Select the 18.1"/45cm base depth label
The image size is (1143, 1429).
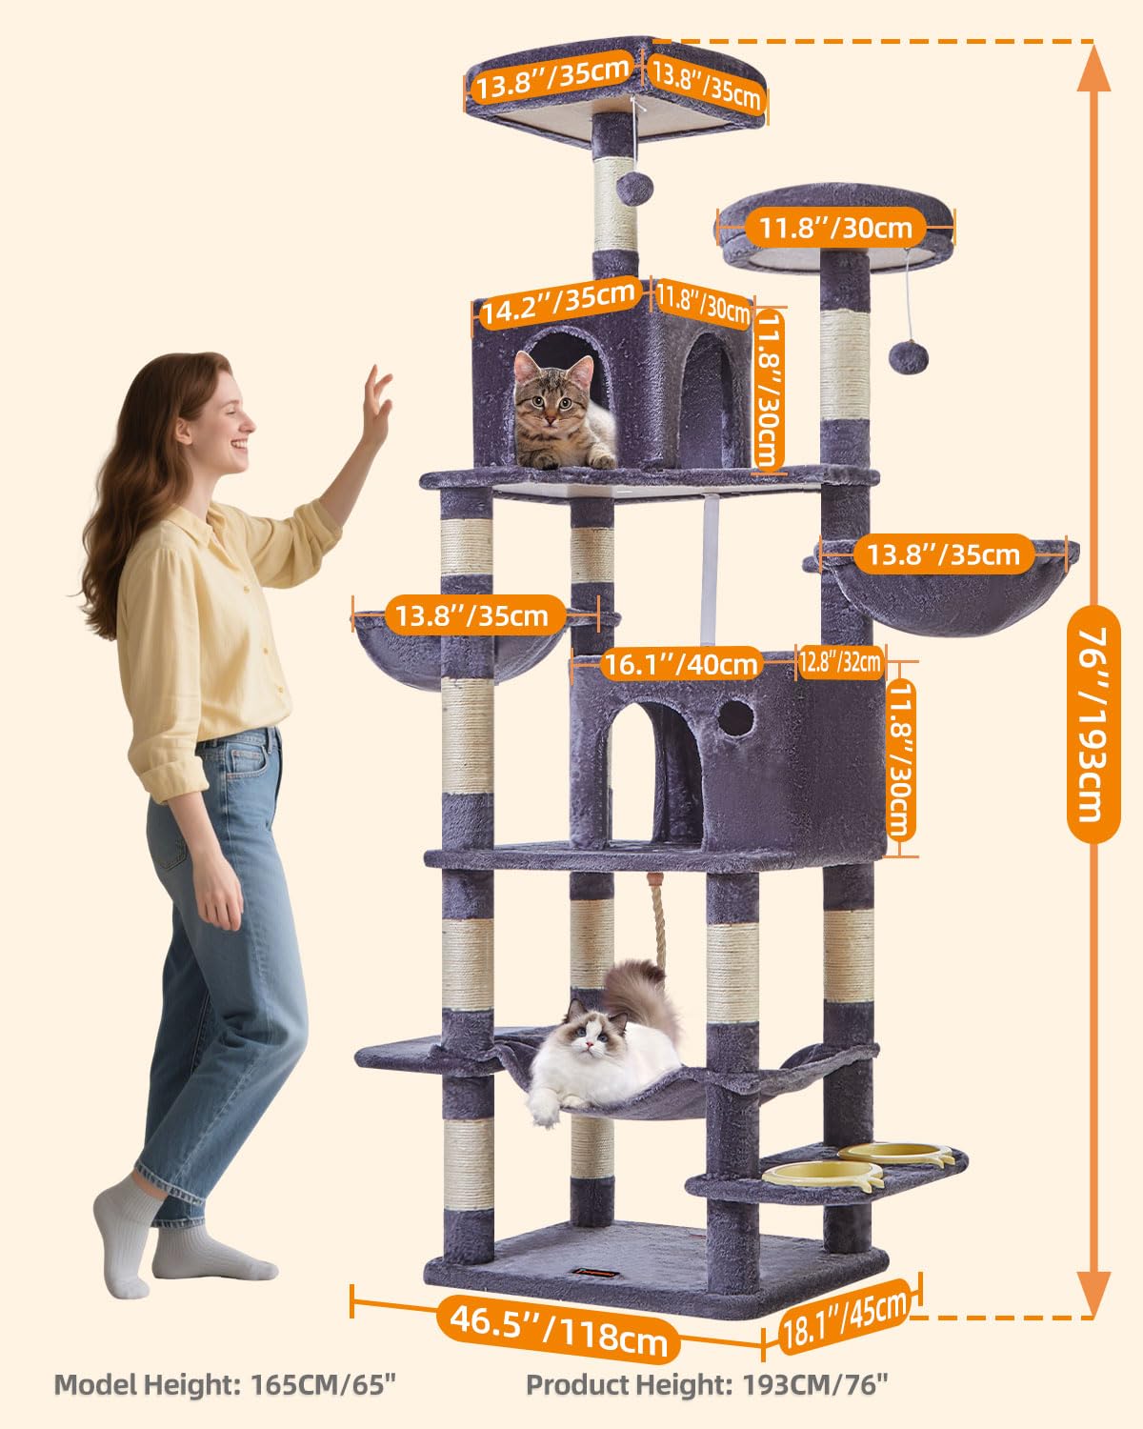pyautogui.click(x=843, y=1317)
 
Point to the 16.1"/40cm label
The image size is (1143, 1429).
pyautogui.click(x=682, y=664)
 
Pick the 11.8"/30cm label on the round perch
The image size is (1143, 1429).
pyautogui.click(x=835, y=228)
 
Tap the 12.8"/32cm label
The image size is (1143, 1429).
pyautogui.click(x=840, y=661)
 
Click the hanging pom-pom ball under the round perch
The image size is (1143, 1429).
pyautogui.click(x=902, y=358)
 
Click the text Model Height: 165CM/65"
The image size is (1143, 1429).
pyautogui.click(x=224, y=1384)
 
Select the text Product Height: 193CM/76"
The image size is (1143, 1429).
pyautogui.click(x=709, y=1384)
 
